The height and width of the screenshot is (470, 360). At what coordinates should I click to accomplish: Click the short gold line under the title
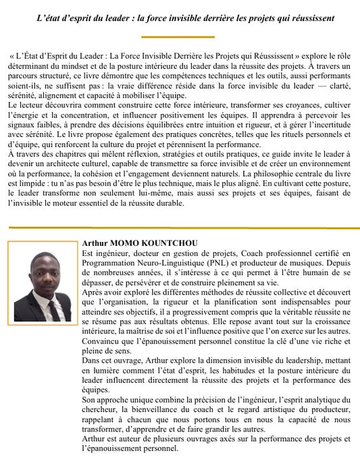click(x=180, y=36)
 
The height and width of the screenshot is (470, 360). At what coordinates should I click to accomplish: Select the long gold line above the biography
click(x=180, y=228)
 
